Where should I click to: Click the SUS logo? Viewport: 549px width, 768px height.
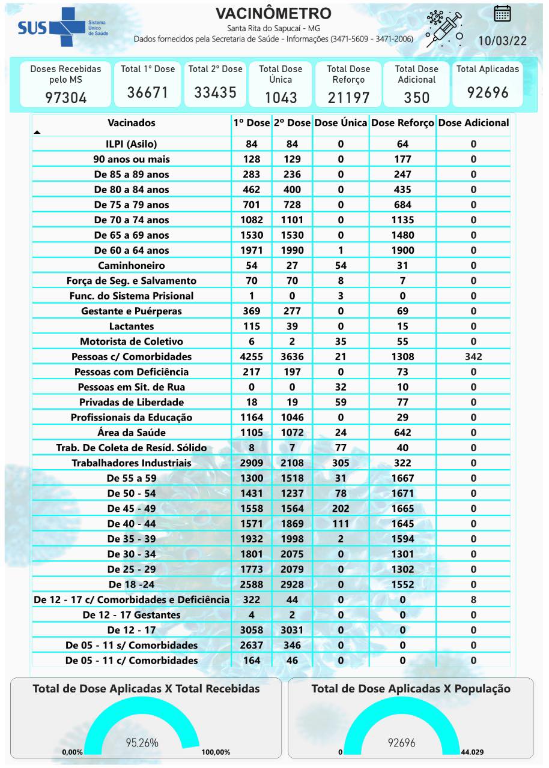pos(60,28)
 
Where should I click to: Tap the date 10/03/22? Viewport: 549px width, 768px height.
pos(502,41)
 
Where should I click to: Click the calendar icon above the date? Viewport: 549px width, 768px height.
pos(502,13)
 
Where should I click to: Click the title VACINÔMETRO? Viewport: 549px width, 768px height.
pos(273,14)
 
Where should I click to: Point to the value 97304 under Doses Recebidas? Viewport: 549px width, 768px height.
pos(66,97)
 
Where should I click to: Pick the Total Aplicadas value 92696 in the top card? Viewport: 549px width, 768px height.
pos(487,92)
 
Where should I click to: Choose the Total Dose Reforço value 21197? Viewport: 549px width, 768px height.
pos(348,97)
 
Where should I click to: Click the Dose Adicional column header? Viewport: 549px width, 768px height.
pos(473,122)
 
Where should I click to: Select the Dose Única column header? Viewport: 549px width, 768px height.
pos(341,122)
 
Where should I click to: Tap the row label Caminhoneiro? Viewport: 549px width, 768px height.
pos(132,265)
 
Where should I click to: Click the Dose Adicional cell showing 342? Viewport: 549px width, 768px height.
pos(473,356)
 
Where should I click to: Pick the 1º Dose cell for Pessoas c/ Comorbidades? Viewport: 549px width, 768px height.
pos(252,356)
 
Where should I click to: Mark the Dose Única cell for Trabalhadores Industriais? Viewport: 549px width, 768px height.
pos(341,463)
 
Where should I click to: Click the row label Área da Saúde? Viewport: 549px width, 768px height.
pos(132,432)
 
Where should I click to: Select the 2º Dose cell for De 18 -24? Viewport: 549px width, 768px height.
pos(292,584)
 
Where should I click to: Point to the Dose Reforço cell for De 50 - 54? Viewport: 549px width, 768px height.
pos(402,493)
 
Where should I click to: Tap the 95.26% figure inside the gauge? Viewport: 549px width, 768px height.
pos(142,743)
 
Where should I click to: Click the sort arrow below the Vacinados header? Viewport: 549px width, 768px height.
pos(37,132)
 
